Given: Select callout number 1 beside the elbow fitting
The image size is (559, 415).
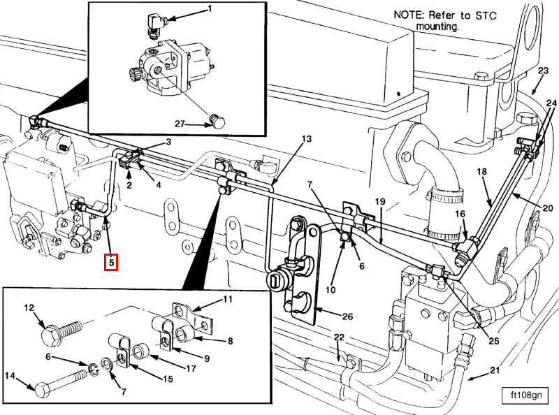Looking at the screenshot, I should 208,9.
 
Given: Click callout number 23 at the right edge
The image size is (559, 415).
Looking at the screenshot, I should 544,70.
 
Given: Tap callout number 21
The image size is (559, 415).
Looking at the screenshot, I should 494,370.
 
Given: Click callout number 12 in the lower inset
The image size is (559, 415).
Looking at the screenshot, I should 29,307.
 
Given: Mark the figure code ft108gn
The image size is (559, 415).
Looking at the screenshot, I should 525,396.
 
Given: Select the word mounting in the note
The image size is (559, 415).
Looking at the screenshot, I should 437,27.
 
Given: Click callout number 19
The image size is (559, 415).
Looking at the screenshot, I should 379,202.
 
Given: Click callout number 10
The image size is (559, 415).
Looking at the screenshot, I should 330,290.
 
